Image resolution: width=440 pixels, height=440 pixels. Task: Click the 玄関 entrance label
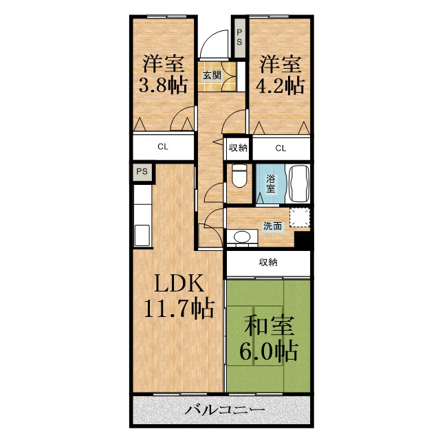(x=212, y=75)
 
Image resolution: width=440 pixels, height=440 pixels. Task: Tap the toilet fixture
(x=239, y=175)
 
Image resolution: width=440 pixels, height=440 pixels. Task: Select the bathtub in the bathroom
(x=298, y=184)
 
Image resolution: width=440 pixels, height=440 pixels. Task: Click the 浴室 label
(x=270, y=184)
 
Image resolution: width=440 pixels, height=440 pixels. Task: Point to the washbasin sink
(x=242, y=236)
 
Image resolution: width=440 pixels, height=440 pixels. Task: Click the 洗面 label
(x=272, y=226)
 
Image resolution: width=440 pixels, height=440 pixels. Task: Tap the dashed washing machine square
(x=300, y=217)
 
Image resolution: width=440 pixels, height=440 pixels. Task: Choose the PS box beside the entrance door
(x=239, y=38)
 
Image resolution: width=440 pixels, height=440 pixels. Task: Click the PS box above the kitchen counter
(x=142, y=171)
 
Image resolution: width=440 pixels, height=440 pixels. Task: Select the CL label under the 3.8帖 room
(x=163, y=146)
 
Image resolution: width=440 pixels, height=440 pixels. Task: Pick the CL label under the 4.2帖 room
(x=280, y=148)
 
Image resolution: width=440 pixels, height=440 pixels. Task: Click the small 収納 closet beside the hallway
(x=238, y=148)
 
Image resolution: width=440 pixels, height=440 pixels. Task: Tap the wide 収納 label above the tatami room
(x=268, y=262)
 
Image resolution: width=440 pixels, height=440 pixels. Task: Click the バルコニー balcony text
(x=225, y=410)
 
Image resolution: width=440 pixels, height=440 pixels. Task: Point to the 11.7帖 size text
(x=179, y=309)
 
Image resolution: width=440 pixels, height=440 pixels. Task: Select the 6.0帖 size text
(x=269, y=351)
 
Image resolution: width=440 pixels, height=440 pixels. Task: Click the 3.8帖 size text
(x=163, y=85)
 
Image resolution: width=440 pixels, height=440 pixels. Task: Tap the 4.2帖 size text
(x=280, y=85)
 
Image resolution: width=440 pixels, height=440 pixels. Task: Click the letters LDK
(x=179, y=283)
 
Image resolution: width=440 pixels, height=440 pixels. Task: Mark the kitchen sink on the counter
(x=142, y=235)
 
